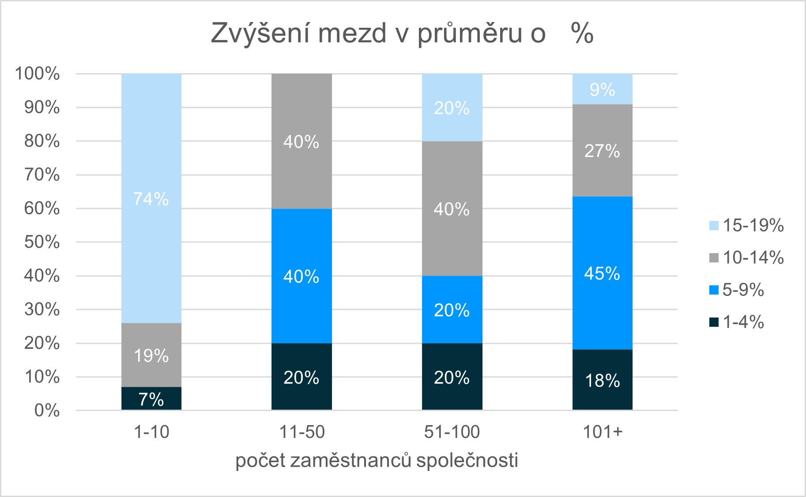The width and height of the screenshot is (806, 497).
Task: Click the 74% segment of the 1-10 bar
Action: [151, 198]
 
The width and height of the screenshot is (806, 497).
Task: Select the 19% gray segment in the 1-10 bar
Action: [151, 355]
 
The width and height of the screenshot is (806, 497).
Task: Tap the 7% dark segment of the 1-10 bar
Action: [151, 399]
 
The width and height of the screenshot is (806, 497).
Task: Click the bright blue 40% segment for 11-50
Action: [301, 276]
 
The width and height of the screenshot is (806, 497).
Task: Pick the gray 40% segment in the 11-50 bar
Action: [301, 141]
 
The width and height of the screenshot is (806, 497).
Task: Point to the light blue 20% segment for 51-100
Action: [452, 108]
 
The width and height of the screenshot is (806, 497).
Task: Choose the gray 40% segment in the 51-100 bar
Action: [452, 209]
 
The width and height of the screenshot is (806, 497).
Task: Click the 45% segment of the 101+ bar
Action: [602, 273]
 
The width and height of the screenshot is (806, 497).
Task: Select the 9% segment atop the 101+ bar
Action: [602, 90]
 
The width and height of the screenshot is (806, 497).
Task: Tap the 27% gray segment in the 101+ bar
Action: [602, 150]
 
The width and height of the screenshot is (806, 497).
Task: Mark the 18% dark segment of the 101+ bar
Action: [602, 380]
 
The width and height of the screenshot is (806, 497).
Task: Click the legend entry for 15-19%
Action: [746, 225]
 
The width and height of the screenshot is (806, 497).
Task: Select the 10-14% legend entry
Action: [746, 258]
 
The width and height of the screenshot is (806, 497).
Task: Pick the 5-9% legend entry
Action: [737, 290]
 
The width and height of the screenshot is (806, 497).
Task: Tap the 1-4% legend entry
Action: [737, 322]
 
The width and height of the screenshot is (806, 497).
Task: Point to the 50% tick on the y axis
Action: [42, 242]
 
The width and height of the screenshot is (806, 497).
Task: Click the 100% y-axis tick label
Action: [38, 74]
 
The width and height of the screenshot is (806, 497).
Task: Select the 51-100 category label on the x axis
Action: [452, 432]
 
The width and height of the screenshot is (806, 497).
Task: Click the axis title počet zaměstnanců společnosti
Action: [377, 460]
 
